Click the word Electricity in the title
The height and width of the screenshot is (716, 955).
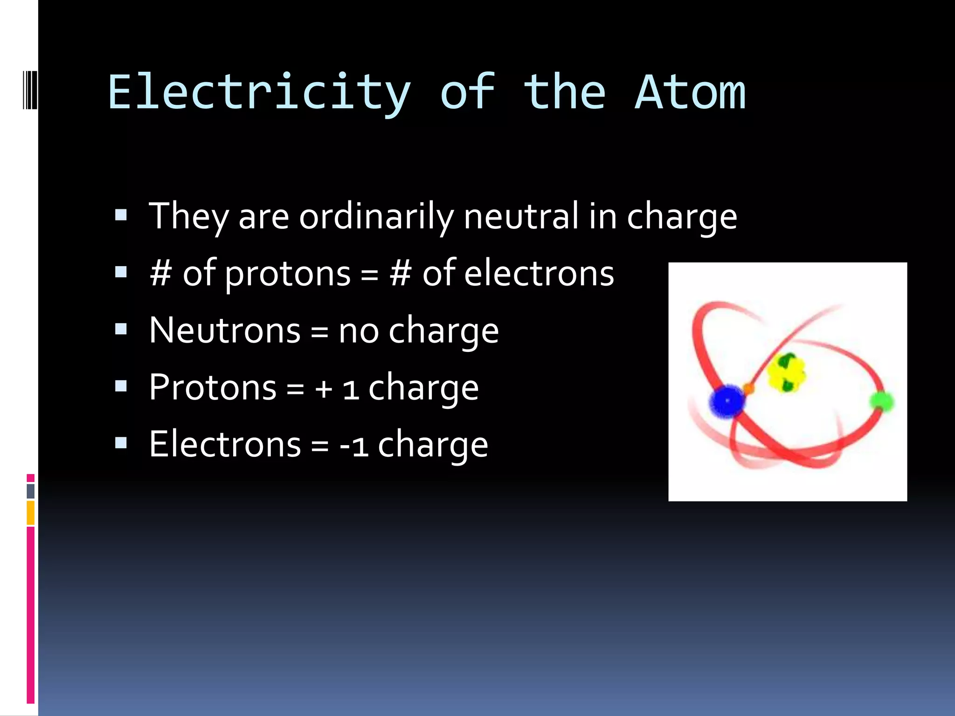(259, 93)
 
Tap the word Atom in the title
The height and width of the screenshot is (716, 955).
(690, 93)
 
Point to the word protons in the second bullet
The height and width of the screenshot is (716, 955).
(288, 274)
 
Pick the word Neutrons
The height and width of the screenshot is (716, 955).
(225, 330)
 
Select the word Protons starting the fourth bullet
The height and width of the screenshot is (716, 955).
(213, 387)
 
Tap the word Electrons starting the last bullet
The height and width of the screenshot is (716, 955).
(225, 444)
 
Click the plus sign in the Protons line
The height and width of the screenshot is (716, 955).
(323, 388)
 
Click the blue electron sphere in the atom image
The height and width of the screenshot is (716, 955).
(727, 401)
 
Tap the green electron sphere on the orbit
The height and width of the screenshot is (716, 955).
(881, 401)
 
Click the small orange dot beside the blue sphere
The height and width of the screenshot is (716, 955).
(749, 388)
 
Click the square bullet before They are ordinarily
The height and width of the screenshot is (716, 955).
(121, 215)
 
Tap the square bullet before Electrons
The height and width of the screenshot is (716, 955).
(121, 442)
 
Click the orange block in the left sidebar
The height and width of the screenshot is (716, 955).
(31, 513)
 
